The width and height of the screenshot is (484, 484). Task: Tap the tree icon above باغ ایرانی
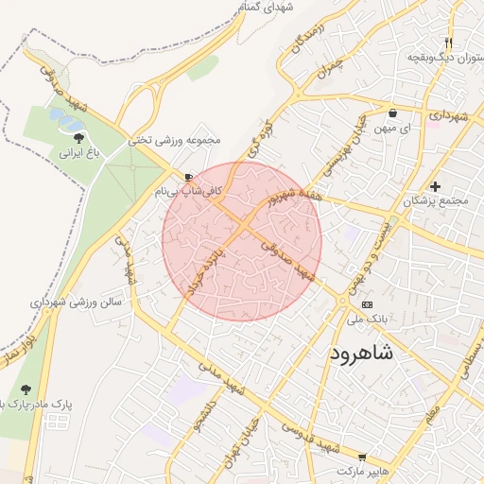(x=78, y=137)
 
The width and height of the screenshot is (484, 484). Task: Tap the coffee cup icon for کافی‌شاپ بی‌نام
(x=189, y=177)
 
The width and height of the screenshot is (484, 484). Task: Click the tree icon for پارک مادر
(x=26, y=389)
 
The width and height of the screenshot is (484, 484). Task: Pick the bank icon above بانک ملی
(x=367, y=304)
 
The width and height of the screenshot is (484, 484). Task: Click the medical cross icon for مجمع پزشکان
(x=435, y=186)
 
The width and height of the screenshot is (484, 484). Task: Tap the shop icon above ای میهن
(x=392, y=113)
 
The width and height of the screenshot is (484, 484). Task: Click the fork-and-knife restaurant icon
(x=449, y=42)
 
